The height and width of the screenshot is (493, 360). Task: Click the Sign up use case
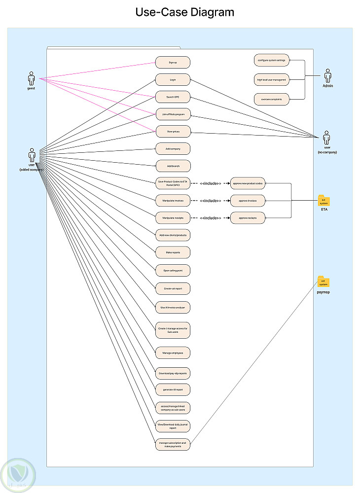click(173, 63)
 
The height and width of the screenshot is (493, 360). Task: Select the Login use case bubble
click(173, 79)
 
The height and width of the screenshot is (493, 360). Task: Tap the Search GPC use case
click(173, 97)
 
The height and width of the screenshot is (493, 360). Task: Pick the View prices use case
click(173, 132)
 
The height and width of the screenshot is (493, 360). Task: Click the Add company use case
click(173, 148)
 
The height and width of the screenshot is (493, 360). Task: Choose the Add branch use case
click(173, 166)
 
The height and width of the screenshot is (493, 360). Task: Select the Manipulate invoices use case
click(173, 200)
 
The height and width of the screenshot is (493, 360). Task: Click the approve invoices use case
click(248, 200)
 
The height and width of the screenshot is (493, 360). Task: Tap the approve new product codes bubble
click(248, 183)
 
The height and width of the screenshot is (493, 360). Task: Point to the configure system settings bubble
click(271, 61)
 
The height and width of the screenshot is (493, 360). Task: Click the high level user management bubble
click(271, 79)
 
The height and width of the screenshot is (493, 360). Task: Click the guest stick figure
click(32, 78)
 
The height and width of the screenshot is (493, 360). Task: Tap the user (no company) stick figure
click(326, 138)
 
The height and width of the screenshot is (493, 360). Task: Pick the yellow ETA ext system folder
click(324, 201)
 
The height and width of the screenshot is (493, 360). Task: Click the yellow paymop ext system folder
click(324, 282)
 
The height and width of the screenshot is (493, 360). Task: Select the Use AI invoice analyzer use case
click(173, 307)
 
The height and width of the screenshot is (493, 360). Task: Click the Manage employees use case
click(173, 353)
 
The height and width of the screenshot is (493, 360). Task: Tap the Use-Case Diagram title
click(185, 12)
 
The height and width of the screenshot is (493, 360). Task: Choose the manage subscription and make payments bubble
click(173, 444)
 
